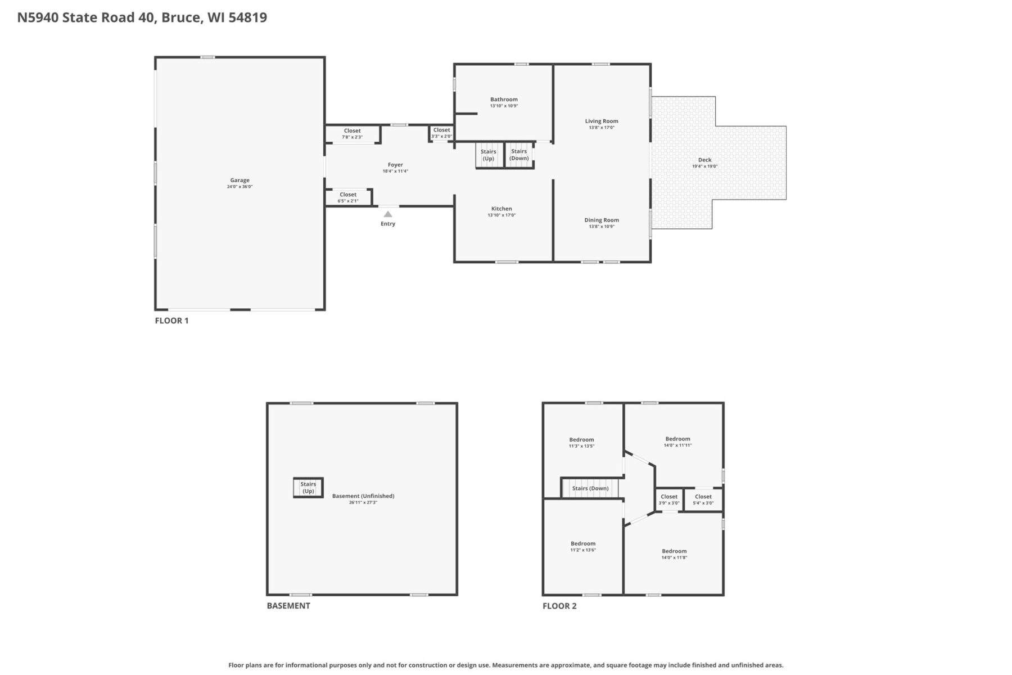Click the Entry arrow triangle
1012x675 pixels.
(388, 214)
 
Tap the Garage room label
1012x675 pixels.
(240, 181)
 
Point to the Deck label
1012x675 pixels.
(704, 160)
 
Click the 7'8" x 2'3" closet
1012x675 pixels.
(353, 134)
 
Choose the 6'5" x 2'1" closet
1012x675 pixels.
(349, 197)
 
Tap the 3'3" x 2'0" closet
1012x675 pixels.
(442, 133)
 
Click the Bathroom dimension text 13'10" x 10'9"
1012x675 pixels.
(504, 106)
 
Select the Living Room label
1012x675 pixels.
(602, 121)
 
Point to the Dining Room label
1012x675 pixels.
(602, 220)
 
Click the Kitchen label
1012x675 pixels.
(502, 209)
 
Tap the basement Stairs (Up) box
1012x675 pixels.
(308, 488)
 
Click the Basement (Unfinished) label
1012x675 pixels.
(363, 496)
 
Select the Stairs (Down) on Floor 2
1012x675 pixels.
(590, 488)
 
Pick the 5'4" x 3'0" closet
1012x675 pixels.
(703, 499)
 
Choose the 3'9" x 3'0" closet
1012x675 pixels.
(669, 499)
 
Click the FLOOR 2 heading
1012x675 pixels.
(559, 606)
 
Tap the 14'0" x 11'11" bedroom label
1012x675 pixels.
(677, 442)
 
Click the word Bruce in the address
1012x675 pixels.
(180, 17)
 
